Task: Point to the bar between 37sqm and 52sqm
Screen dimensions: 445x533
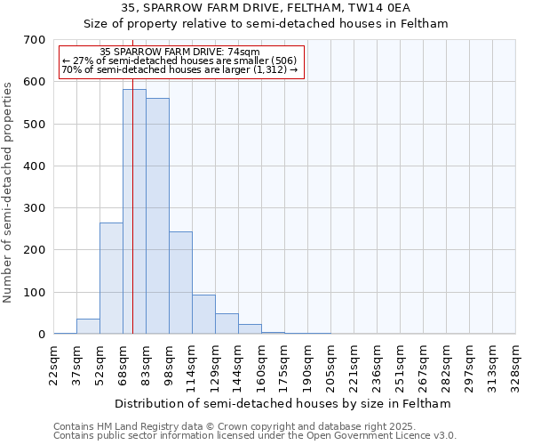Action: click(88, 327)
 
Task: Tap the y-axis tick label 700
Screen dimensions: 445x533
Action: click(35, 40)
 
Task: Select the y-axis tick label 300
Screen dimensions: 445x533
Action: click(35, 208)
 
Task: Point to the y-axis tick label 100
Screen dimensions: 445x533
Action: click(35, 293)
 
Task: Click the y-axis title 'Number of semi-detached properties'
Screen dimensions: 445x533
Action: click(9, 191)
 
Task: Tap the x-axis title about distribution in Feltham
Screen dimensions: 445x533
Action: click(284, 403)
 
